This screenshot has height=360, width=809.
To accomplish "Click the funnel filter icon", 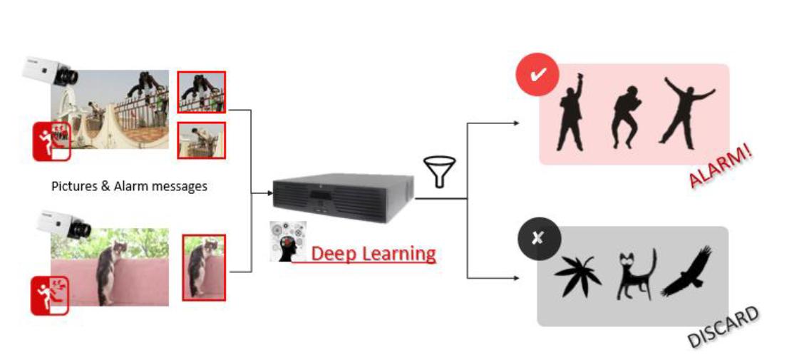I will point(438,172).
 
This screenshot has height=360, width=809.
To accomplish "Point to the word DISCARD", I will point(723,327).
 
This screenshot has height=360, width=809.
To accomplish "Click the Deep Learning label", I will point(373,254).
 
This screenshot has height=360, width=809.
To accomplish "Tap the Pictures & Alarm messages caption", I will point(129,186).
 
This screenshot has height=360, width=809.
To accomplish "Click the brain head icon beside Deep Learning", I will point(287,241).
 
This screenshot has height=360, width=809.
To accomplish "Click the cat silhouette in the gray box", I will point(634,274).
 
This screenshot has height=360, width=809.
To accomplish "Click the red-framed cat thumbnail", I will point(204,267).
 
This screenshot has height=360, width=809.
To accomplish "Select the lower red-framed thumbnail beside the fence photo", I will point(201,140).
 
